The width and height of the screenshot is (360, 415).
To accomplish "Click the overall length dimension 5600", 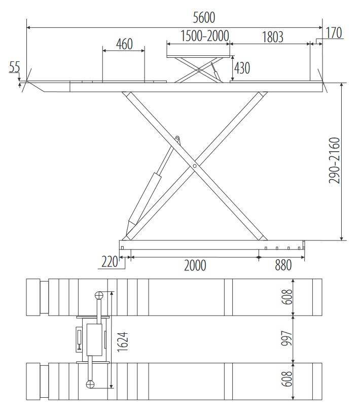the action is tap(204, 17).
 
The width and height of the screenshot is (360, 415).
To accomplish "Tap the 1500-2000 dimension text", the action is tap(205, 36).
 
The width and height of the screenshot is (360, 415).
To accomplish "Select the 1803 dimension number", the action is tap(273, 37).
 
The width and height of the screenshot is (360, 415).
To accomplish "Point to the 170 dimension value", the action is tap(334, 33).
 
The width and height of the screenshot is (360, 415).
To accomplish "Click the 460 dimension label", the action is tap(124, 44).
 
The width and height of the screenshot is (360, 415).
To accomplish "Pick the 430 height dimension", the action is tap(242, 68).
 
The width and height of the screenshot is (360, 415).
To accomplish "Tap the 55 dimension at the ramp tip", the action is tap(15, 67).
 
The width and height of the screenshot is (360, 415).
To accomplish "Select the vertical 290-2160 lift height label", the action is tap(334, 160).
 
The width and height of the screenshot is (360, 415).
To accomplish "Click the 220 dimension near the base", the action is tap(110, 262).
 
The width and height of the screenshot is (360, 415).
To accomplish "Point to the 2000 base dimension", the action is tap(195, 265).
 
